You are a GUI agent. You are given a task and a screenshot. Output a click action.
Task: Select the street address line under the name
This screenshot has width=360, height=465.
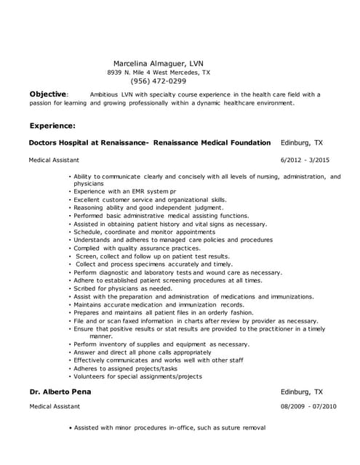tap(158, 73)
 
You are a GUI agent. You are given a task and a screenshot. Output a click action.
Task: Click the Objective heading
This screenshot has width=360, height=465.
tap(48, 94)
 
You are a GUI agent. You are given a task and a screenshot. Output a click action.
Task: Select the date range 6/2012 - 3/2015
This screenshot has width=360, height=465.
tap(304, 159)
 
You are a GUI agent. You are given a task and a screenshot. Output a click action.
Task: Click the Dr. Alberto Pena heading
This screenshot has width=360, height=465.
tap(65, 392)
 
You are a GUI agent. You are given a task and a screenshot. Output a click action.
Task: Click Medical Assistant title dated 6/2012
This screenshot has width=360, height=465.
tap(54, 159)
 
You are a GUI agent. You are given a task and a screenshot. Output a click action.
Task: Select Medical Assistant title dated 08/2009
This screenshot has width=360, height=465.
tap(54, 407)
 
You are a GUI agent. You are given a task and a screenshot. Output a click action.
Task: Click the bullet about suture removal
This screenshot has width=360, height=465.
tap(169, 427)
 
